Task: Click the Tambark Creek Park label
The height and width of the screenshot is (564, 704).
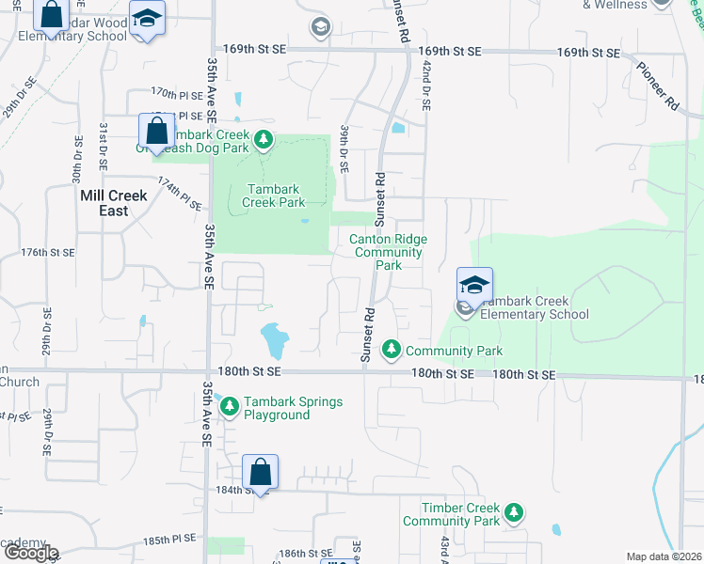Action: (x=273, y=195)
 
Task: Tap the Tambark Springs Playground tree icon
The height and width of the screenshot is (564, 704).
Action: (x=230, y=404)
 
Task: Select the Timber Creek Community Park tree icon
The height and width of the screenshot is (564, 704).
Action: (x=513, y=512)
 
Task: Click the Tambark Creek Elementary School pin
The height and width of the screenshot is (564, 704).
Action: (x=474, y=286)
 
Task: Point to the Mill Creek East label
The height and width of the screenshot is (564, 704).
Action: (x=114, y=203)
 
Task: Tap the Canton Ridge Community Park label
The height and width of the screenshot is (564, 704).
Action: (x=388, y=252)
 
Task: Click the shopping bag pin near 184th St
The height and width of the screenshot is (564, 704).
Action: (x=260, y=474)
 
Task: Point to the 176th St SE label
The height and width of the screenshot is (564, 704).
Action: (x=48, y=253)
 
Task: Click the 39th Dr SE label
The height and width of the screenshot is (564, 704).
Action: (x=344, y=149)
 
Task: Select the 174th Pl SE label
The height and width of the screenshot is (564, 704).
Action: (x=180, y=194)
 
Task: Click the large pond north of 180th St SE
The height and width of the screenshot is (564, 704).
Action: (x=274, y=339)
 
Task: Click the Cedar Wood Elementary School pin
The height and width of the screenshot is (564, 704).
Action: (x=146, y=20)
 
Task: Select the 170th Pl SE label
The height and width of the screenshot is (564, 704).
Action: (x=177, y=94)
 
